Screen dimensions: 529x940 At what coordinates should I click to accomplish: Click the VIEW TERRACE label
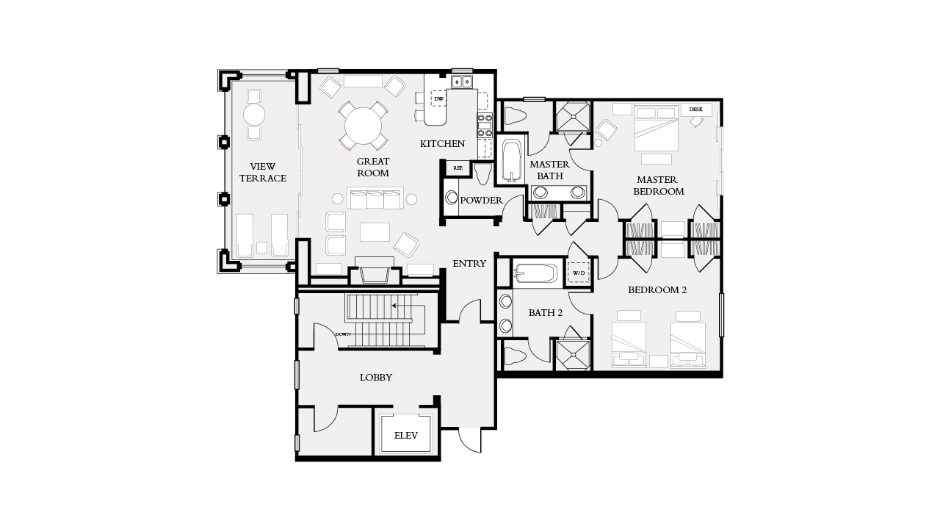262,173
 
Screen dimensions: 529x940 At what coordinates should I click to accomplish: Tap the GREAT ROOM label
373,167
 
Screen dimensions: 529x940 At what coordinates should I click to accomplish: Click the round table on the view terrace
254,115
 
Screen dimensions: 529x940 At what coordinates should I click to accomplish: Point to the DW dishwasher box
439,98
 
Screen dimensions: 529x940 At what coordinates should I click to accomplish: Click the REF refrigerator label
458,168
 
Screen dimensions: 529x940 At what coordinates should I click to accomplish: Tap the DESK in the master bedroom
695,109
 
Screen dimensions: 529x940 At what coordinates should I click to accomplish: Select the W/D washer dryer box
579,273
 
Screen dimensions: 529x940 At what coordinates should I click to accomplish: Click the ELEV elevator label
405,436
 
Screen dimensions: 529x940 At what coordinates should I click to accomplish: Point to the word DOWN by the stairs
343,334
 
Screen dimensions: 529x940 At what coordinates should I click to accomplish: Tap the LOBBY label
375,378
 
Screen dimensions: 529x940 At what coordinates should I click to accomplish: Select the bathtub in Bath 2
536,274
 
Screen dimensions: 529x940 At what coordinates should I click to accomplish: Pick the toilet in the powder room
482,173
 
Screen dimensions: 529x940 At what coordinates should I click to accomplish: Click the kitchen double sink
461,82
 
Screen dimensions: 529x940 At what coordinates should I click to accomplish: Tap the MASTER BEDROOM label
659,185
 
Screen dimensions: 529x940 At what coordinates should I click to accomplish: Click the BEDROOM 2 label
657,290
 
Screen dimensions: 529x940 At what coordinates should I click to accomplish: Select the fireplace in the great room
375,273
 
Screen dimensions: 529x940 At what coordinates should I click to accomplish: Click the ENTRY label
469,264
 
